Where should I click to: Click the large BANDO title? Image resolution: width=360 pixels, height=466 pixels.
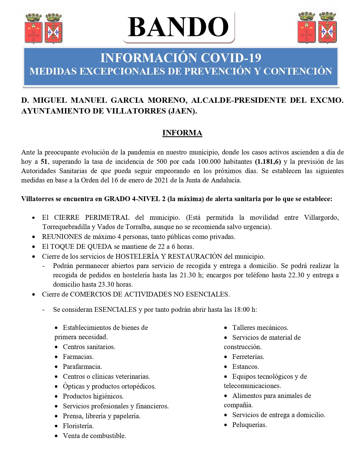point(178,27)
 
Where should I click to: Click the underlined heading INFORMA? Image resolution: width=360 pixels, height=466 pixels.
point(182,133)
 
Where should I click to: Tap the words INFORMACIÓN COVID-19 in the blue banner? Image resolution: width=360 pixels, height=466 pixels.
point(181,58)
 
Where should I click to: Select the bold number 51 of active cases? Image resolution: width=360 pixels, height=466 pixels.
point(44,162)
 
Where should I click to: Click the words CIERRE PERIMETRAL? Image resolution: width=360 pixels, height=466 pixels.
point(92,217)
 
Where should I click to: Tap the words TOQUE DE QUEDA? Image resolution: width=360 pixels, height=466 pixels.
point(81,247)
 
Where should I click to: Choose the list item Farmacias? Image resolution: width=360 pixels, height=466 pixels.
point(78,357)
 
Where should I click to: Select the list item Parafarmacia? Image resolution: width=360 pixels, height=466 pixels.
point(82,367)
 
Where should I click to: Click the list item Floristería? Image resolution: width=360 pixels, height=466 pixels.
point(78,426)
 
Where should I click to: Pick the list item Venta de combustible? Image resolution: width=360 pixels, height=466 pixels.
point(94,436)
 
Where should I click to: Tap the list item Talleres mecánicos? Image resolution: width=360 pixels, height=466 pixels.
point(260,328)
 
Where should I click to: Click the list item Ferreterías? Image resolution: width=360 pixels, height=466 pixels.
point(248,357)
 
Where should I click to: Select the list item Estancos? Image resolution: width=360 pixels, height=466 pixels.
point(246,367)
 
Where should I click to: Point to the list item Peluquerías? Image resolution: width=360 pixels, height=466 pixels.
point(250,425)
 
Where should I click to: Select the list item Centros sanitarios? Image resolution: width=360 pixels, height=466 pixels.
point(89,347)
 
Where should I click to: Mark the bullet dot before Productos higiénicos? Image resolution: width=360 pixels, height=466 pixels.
point(57,397)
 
